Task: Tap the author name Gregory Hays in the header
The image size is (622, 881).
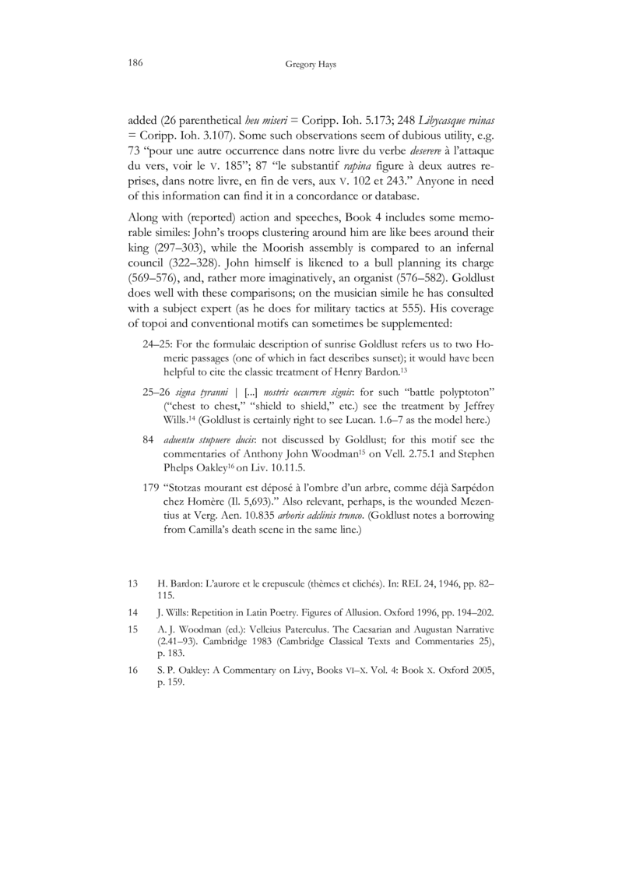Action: (x=311, y=67)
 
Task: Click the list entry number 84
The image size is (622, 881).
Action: (x=149, y=439)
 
